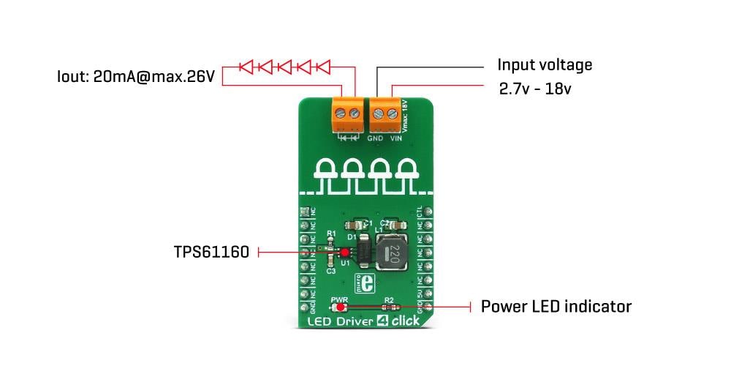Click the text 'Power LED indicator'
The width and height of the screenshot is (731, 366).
[556, 307]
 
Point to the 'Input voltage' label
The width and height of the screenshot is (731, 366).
[545, 64]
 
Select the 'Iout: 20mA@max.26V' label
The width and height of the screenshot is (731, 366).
[136, 76]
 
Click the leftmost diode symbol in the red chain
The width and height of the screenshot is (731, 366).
[246, 67]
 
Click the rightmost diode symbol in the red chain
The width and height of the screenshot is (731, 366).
[323, 67]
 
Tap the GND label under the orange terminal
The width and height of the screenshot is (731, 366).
[375, 138]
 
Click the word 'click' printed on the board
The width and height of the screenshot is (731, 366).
[406, 321]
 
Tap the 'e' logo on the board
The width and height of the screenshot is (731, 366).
[368, 283]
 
